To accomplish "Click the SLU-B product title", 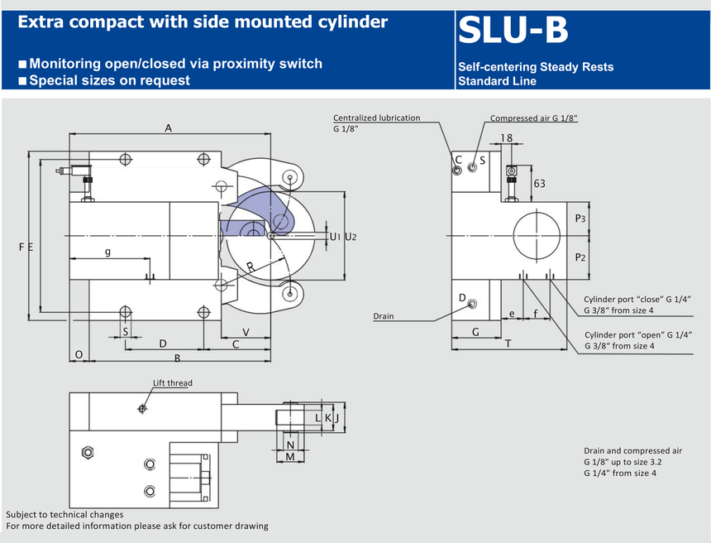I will point(513,31).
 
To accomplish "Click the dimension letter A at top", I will point(169,127).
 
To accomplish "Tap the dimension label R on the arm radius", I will point(251,267).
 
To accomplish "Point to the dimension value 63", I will point(539,183).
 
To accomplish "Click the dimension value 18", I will point(507,138).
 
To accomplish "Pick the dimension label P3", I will point(580,219).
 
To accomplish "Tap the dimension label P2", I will point(580,257).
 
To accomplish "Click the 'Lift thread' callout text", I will point(173,383).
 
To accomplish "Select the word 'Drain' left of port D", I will point(384,316).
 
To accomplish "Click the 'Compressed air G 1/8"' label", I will point(533,118).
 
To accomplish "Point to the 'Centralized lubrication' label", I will point(376,118).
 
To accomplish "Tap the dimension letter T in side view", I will point(508,344).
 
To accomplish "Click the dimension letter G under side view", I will point(475,331).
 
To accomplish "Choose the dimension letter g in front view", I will point(107,251).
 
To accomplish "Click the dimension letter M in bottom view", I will point(290,456).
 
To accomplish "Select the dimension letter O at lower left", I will point(79,354).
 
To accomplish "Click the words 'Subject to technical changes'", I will point(64,514).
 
